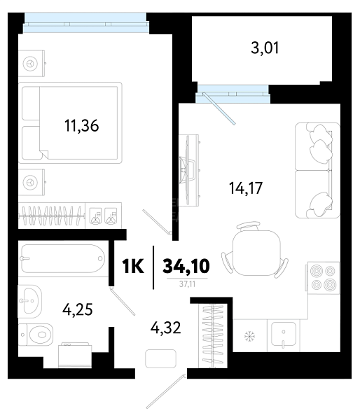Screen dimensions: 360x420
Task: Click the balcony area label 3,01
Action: [x=265, y=48]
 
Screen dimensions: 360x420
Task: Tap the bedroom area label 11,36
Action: [x=82, y=125]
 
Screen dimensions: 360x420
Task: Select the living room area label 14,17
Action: [x=246, y=188]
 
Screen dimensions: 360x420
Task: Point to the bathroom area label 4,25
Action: [x=78, y=310]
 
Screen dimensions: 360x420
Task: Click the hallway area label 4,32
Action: [x=166, y=328]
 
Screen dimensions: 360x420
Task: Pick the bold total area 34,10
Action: [x=186, y=266]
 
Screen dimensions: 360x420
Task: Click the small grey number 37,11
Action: [x=187, y=284]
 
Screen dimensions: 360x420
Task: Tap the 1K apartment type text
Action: [x=133, y=266]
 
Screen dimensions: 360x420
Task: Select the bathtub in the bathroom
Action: [x=63, y=259]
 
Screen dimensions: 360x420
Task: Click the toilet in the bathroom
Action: [x=36, y=335]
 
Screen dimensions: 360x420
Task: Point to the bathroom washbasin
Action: [x=30, y=300]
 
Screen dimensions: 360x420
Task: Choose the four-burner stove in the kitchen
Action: [x=323, y=278]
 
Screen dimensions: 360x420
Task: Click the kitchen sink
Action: [x=284, y=335]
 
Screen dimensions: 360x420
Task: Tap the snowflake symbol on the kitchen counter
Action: [x=250, y=336]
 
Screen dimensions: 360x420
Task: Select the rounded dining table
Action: [x=256, y=253]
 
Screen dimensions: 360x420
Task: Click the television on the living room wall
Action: [x=188, y=170]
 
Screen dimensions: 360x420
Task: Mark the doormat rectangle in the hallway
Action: [x=160, y=358]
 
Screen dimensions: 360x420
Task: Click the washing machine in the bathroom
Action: [x=75, y=355]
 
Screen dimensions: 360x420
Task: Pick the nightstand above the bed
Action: [x=32, y=64]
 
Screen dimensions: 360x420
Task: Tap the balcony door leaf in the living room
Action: [x=219, y=108]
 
